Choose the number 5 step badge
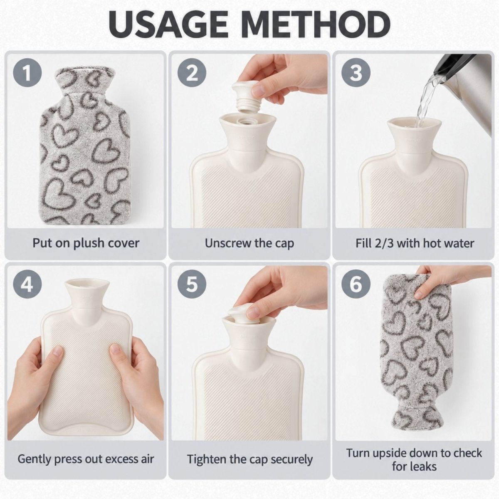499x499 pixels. (192, 284)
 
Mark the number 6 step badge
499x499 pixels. (356, 284)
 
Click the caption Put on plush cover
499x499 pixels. (86, 243)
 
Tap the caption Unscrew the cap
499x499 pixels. (249, 243)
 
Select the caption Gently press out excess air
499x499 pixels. (86, 459)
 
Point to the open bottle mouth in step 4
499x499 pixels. (86, 284)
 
